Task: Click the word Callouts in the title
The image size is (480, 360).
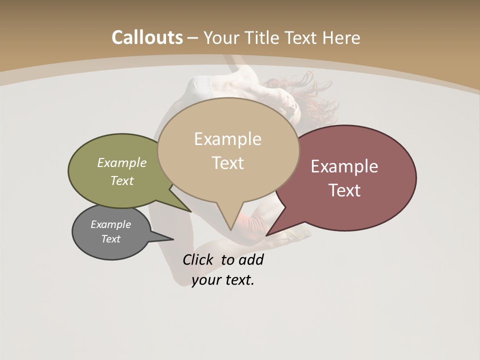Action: (147, 37)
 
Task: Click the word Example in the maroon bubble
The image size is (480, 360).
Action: (344, 166)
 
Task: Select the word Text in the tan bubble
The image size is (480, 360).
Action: (228, 163)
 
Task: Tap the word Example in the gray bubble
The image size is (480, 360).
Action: (110, 224)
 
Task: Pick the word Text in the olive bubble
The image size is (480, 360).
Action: (122, 180)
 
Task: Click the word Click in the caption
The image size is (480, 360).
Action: (197, 259)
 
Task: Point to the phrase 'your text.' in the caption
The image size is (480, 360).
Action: (223, 280)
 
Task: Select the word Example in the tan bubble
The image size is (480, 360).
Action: (228, 139)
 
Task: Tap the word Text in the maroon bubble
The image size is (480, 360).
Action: (344, 190)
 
